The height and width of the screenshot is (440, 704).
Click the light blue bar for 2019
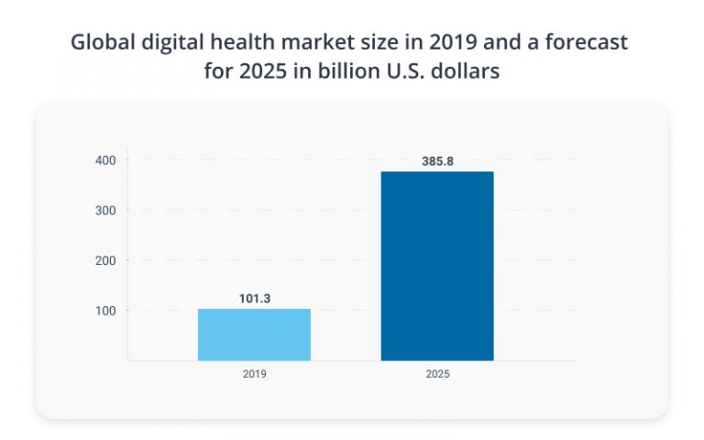pos(254,335)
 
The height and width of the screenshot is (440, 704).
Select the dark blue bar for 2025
pos(437,266)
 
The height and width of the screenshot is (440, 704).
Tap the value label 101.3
pos(254,298)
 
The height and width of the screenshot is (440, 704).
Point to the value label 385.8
pos(437,161)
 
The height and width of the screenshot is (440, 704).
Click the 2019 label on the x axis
pos(254,375)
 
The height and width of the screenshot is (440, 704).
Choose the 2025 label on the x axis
pos(437,375)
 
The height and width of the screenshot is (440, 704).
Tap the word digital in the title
pos(170,43)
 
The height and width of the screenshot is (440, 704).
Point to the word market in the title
pos(311,43)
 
